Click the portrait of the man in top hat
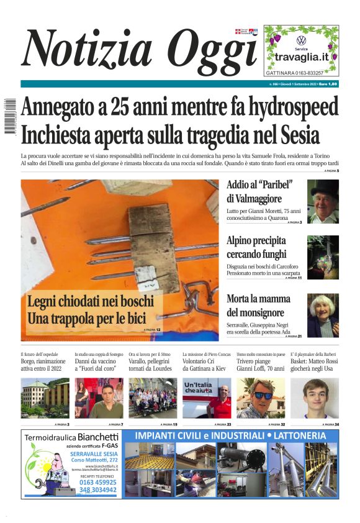pyautogui.click(x=323, y=201)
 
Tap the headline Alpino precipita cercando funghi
pyautogui.click(x=256, y=247)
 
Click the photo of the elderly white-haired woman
pyautogui.click(x=323, y=316)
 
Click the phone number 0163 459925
pyautogui.click(x=97, y=481)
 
